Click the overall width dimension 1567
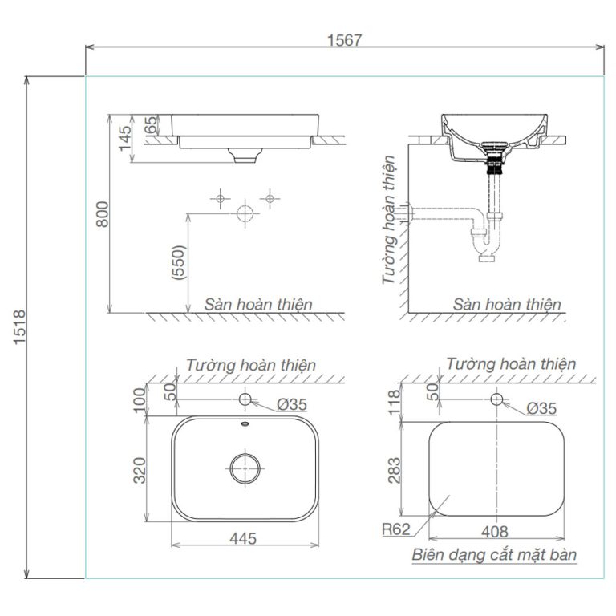(345, 38)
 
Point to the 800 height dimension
(102, 213)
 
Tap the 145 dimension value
(124, 139)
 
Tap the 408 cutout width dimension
(495, 531)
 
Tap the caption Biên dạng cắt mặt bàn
(495, 554)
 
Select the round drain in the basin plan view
(244, 468)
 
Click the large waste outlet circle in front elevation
(245, 213)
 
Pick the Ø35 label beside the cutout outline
(543, 408)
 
